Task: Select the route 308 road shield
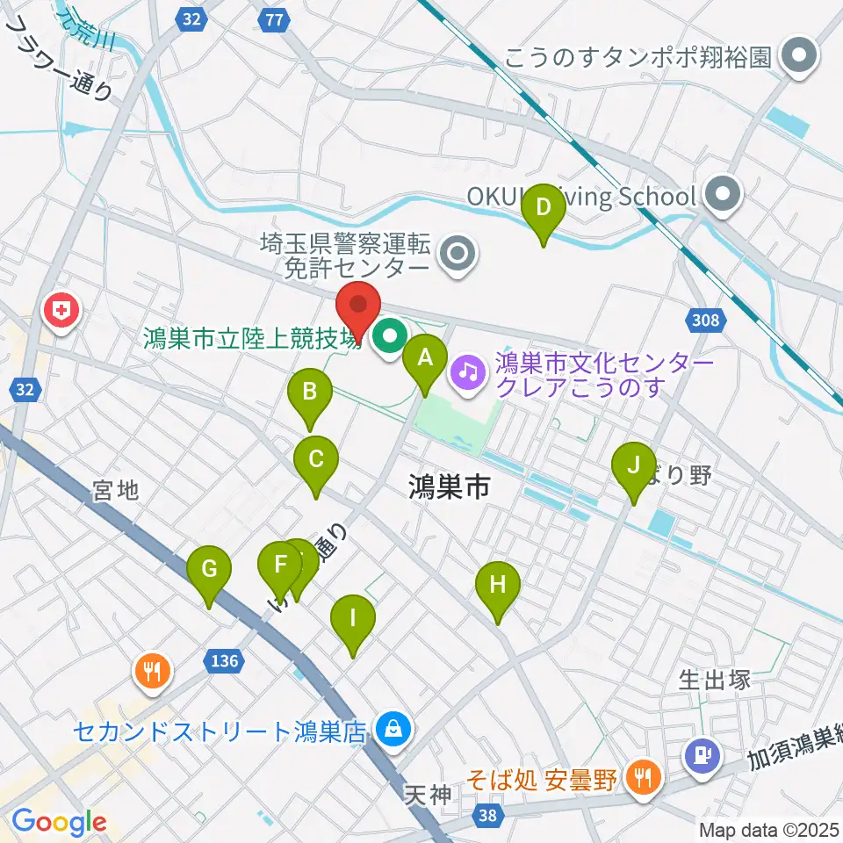click(708, 322)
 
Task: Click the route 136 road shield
click(224, 660)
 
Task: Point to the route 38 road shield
click(487, 816)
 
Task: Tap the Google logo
click(60, 822)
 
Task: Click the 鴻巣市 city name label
click(448, 487)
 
